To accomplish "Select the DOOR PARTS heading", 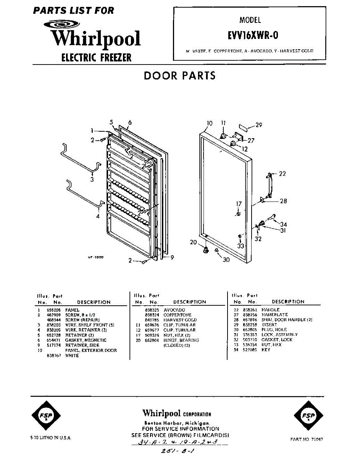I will [x=179, y=76].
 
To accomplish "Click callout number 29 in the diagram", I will [x=259, y=125].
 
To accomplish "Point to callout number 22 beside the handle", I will [x=282, y=174].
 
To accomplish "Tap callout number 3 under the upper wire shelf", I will [x=92, y=180].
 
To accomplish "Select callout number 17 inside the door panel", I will [x=239, y=204].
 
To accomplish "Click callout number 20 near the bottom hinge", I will [x=194, y=242].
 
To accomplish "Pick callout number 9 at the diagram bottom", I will [x=172, y=258].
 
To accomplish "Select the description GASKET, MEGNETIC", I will [x=86, y=340].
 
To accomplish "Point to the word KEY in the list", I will [x=266, y=350].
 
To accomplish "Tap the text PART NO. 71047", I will [x=307, y=439].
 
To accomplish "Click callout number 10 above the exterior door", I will [x=210, y=123].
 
